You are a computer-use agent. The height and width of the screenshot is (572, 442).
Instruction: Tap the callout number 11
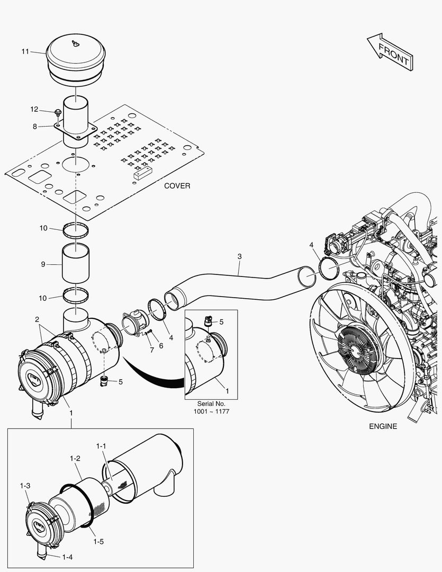[x=25, y=51]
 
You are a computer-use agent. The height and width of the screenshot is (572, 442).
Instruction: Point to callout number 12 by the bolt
[x=34, y=110]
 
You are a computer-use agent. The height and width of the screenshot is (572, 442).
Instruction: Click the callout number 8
[x=35, y=127]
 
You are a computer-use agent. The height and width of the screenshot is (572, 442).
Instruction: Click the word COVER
[x=177, y=186]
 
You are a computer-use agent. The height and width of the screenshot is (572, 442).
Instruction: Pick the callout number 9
[x=43, y=263]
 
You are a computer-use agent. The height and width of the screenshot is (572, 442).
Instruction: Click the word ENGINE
[x=383, y=426]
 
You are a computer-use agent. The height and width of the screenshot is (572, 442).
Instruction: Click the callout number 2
[x=37, y=319]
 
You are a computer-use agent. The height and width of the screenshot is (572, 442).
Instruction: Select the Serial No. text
[x=211, y=404]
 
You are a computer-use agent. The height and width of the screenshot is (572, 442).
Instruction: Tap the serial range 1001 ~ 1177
[x=211, y=412]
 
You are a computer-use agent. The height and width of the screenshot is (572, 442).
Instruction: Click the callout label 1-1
[x=101, y=446]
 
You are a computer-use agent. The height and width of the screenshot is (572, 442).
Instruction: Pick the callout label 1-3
[x=25, y=486]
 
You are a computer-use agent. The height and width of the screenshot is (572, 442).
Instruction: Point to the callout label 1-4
[x=67, y=557]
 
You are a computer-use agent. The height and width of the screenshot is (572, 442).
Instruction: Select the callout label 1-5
[x=98, y=541]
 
